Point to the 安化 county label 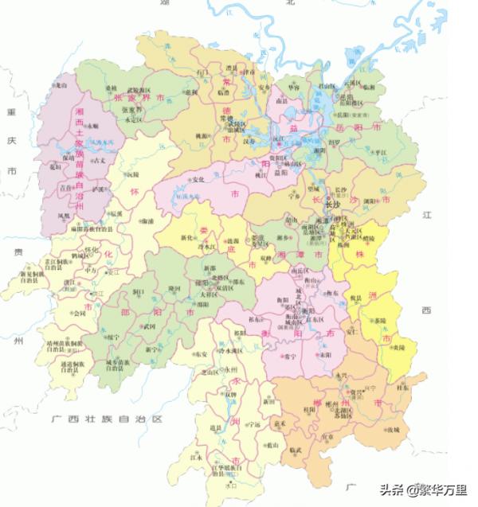pos(198,178)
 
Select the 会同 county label pos(77,314)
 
